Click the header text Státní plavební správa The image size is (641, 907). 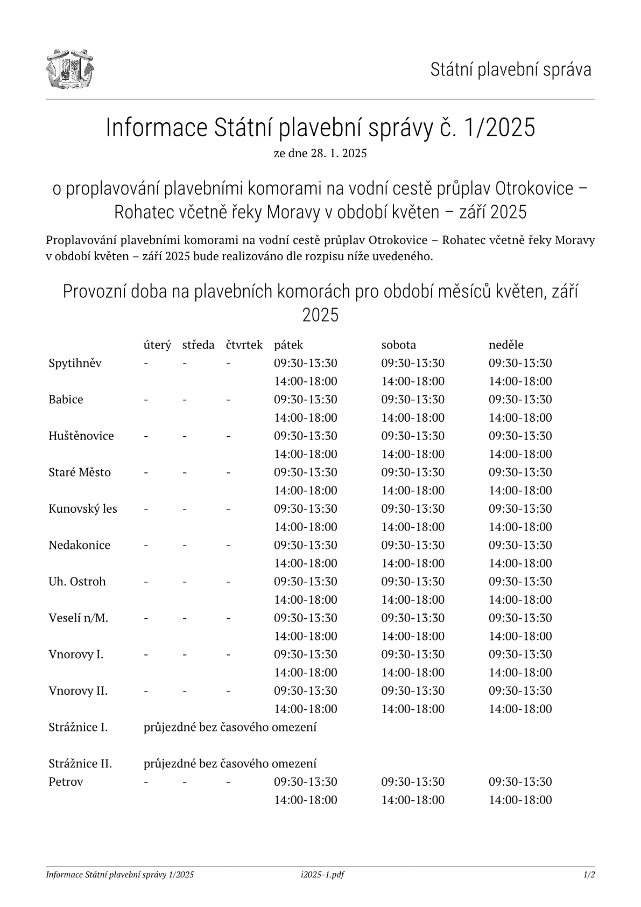510,69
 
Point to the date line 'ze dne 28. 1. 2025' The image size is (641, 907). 320,154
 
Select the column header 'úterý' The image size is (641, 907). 157,345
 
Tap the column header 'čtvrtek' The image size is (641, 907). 244,345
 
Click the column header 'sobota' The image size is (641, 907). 398,345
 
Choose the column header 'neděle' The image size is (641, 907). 506,345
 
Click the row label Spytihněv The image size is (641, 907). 75,363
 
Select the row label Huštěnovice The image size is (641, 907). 81,436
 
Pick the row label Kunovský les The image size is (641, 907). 83,508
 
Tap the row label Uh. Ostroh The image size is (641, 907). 77,582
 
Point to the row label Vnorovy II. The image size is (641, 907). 78,690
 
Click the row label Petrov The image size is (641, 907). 66,782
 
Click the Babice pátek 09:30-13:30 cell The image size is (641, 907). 306,400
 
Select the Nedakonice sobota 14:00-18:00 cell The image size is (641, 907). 413,563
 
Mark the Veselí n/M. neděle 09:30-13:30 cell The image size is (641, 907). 520,618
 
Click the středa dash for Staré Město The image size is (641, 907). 185,472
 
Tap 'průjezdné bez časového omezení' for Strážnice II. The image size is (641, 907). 230,764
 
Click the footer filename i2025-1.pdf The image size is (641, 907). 322,875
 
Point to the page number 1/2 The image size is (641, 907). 589,875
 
